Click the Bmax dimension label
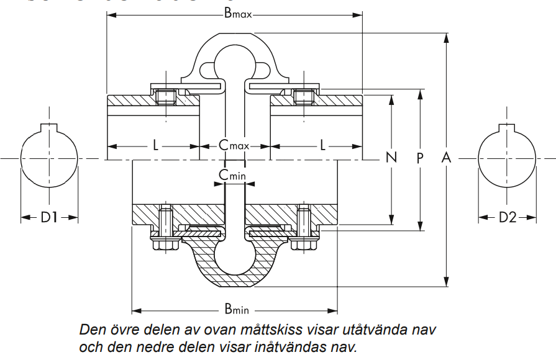pos(237,14)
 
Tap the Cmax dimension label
pos(234,145)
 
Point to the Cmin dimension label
pos(232,176)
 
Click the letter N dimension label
pos(391,158)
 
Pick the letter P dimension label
pos(420,158)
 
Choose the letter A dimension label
pos(445,158)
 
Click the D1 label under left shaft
pos(50,217)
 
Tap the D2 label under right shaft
pos(508,217)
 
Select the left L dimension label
pos(155,145)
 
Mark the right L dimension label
pos(323,145)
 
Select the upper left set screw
pos(166,96)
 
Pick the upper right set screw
pos(303,96)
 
